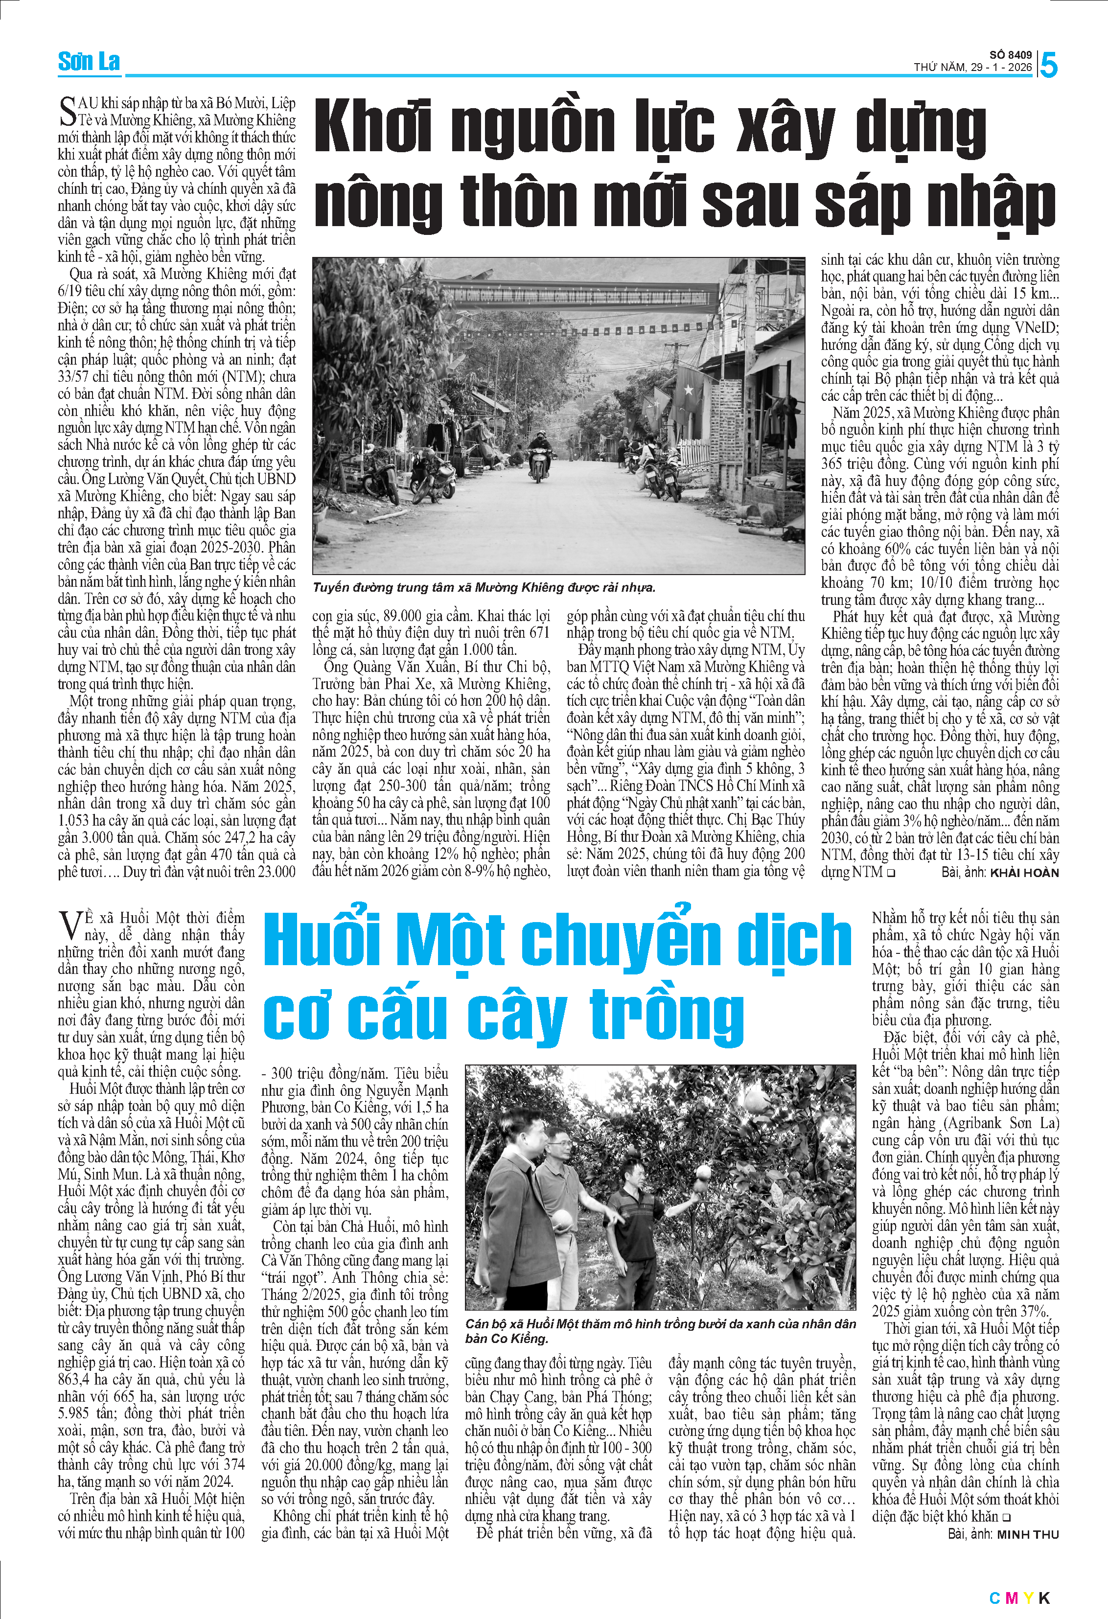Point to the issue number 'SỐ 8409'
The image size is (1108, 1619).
1011,54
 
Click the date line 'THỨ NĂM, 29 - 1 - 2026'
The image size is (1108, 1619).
972,68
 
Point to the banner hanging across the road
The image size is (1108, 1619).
578,296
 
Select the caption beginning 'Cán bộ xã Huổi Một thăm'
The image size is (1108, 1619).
660,1331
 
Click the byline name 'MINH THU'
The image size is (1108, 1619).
1027,1534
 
